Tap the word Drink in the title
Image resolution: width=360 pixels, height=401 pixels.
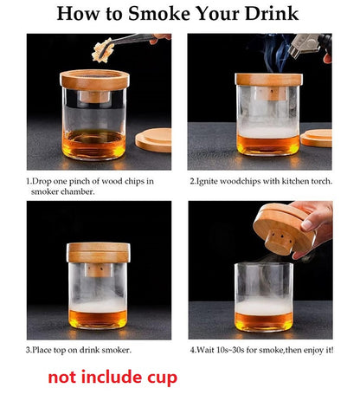272,13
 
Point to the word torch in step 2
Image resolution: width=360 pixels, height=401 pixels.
321,181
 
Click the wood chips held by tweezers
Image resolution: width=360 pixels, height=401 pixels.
101,49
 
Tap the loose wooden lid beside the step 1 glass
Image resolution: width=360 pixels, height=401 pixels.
153,140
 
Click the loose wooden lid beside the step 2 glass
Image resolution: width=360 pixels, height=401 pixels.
317,139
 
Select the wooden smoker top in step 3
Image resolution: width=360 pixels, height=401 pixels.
99,252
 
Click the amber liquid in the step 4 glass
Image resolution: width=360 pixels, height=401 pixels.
264,321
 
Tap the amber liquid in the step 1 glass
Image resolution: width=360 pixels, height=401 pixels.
94,144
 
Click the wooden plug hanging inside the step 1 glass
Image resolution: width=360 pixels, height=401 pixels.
94,97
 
